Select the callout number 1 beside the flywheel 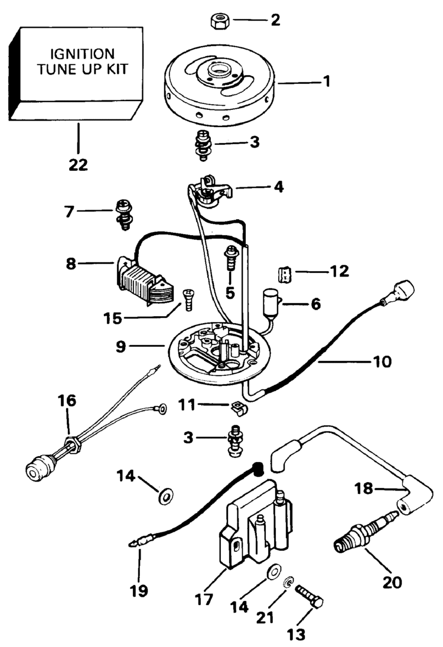click(326, 82)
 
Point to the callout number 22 click(77, 164)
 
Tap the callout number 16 click(67, 401)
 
